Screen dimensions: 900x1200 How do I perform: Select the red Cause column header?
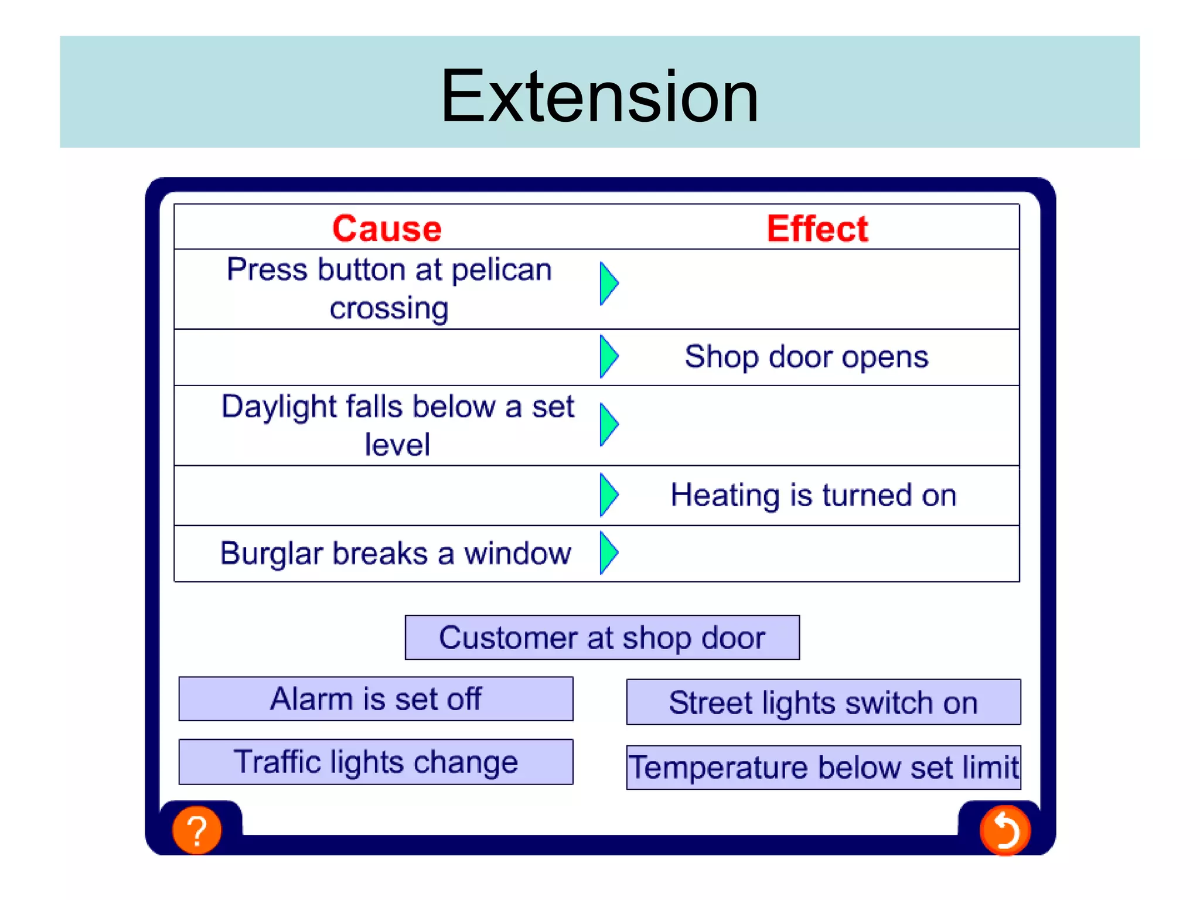pyautogui.click(x=387, y=228)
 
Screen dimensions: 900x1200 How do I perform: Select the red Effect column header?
pyautogui.click(x=817, y=228)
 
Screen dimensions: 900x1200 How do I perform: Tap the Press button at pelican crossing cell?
pyautogui.click(x=389, y=289)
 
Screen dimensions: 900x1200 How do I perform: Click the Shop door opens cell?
pyautogui.click(x=806, y=357)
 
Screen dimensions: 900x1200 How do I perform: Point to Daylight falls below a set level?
pyautogui.click(x=397, y=425)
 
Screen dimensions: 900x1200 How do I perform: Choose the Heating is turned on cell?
pyautogui.click(x=813, y=495)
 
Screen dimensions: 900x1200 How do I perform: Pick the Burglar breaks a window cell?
pyautogui.click(x=396, y=553)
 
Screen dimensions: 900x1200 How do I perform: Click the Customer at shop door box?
pyautogui.click(x=602, y=637)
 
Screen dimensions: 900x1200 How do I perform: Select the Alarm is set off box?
pyautogui.click(x=376, y=699)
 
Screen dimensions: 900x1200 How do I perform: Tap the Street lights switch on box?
pyautogui.click(x=823, y=702)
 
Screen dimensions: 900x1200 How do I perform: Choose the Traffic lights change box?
pyautogui.click(x=376, y=762)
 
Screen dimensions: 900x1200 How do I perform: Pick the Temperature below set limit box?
pyautogui.click(x=823, y=768)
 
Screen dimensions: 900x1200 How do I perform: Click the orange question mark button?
pyautogui.click(x=197, y=830)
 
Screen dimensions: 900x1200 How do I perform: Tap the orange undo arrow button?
pyautogui.click(x=1005, y=830)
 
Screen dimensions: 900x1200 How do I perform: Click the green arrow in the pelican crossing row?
pyautogui.click(x=608, y=284)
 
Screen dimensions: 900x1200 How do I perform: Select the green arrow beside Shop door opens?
pyautogui.click(x=608, y=356)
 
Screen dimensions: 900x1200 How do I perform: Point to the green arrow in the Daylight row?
pyautogui.click(x=608, y=424)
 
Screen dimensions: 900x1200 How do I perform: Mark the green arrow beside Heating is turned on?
pyautogui.click(x=608, y=495)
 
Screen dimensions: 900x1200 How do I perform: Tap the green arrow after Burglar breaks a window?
pyautogui.click(x=608, y=553)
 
